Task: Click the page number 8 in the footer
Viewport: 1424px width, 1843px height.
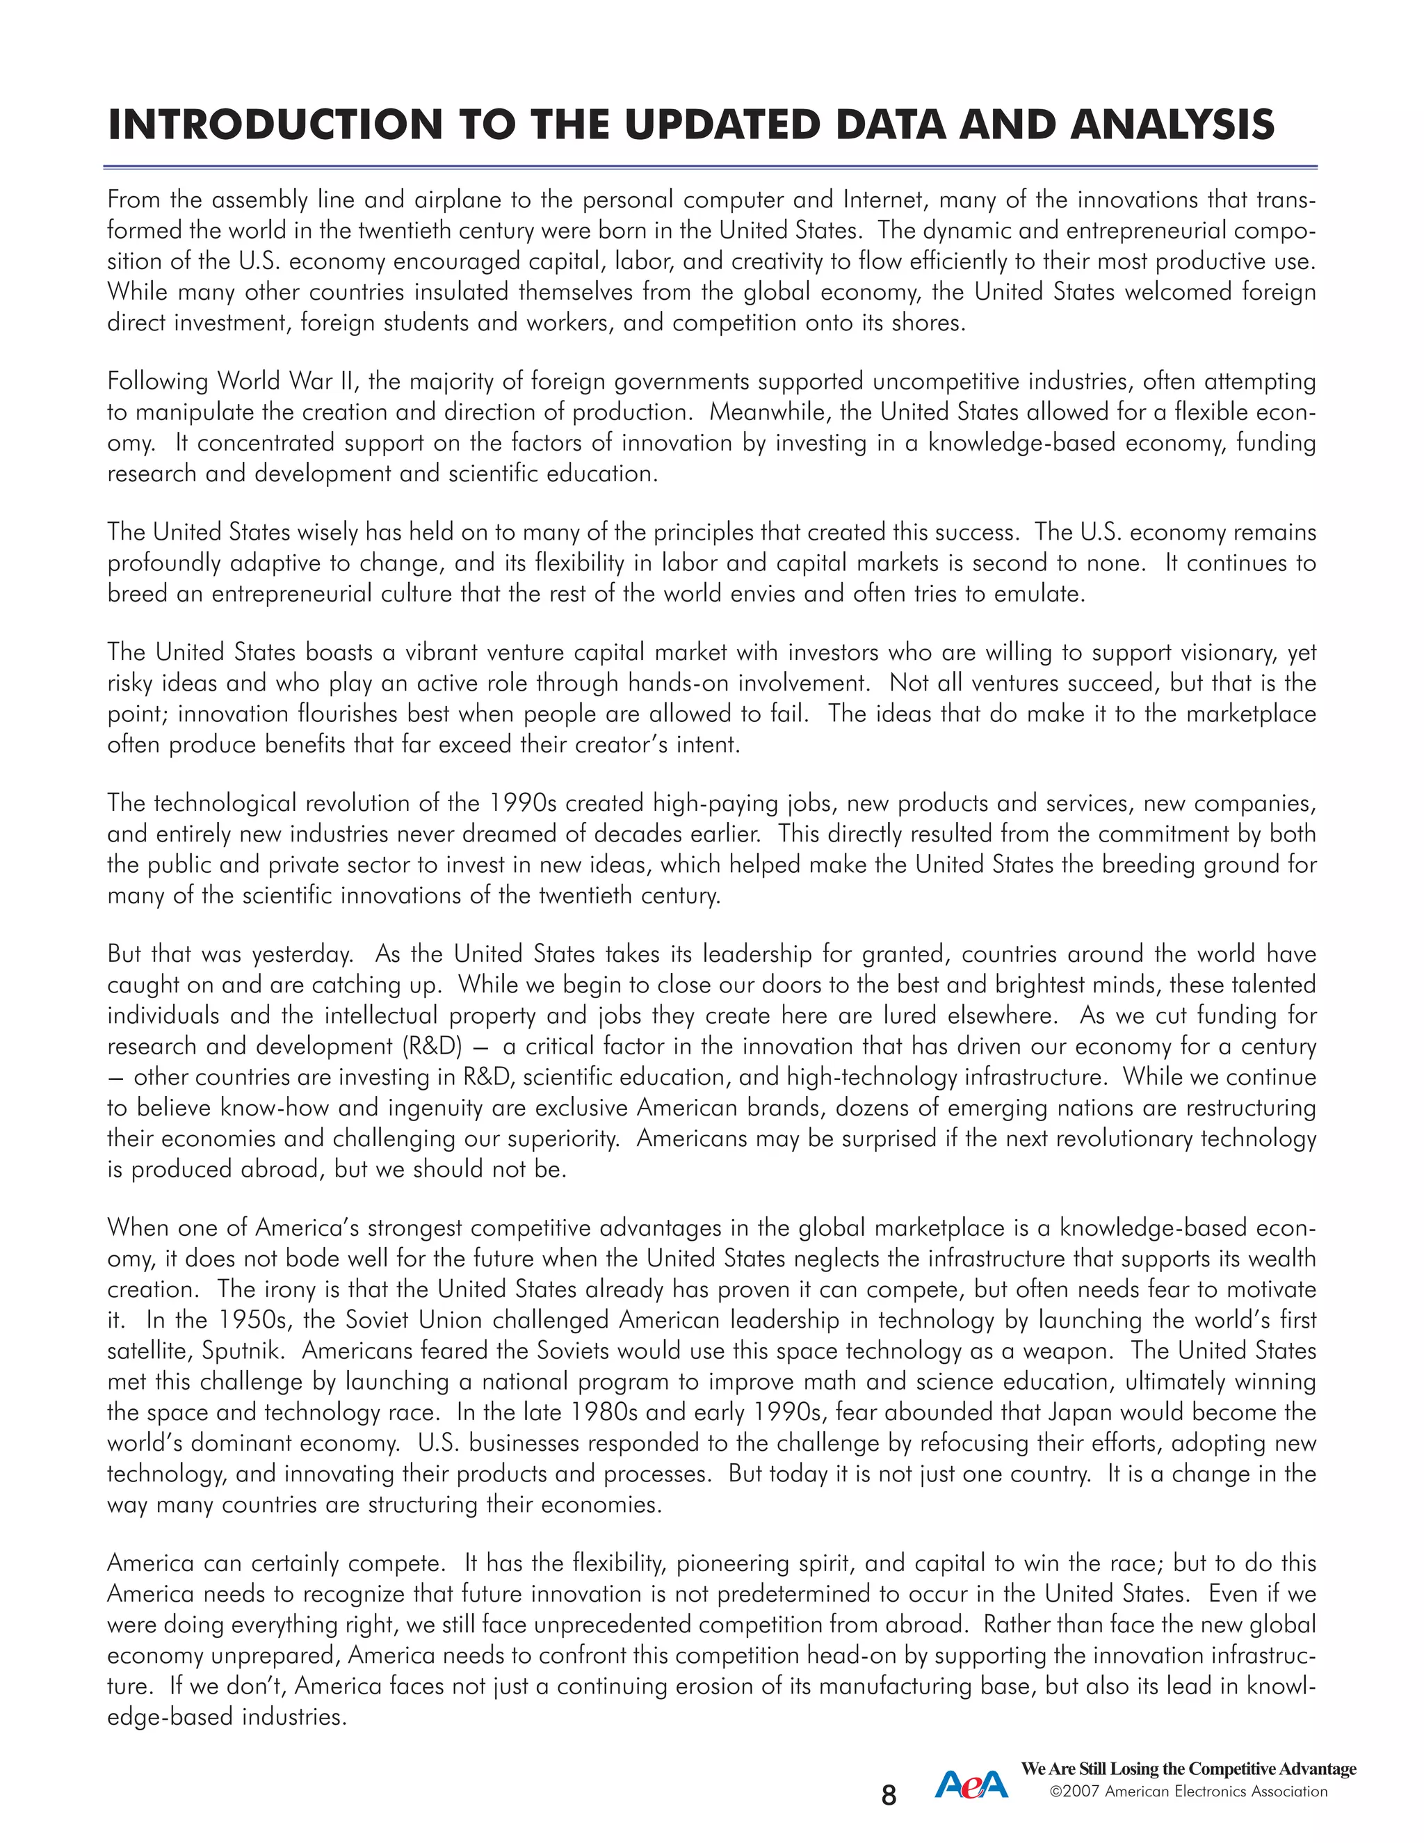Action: point(889,1795)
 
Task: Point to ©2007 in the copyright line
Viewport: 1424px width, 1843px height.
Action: point(1075,1791)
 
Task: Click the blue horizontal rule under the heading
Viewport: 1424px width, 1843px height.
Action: point(711,167)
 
